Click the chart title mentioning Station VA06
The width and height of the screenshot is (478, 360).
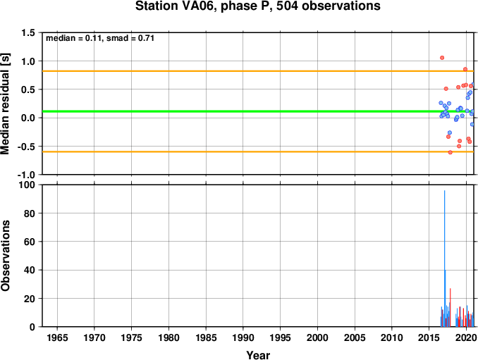tap(257, 6)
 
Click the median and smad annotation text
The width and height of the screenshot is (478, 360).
tap(100, 38)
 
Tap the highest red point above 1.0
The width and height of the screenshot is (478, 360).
tap(442, 58)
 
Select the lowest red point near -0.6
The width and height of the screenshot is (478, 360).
tap(451, 152)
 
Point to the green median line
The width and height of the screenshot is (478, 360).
tap(258, 111)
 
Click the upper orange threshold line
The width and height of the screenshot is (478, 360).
tap(258, 71)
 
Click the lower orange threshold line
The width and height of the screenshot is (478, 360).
tap(258, 151)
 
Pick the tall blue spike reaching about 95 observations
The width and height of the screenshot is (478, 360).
tap(444, 259)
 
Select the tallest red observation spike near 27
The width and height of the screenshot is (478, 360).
tap(451, 307)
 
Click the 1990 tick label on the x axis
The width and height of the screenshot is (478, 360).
tap(243, 337)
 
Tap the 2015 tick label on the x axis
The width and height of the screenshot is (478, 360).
tap(429, 337)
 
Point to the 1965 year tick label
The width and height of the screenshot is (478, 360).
tap(57, 337)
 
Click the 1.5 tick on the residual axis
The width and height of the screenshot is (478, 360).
tap(28, 32)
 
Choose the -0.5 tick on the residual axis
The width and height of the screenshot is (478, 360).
tap(26, 147)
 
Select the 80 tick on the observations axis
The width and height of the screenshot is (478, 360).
tap(30, 213)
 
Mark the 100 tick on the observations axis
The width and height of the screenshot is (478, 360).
tap(27, 185)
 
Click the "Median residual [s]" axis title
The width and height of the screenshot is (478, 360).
tap(5, 104)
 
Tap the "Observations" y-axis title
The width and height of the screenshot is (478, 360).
tap(5, 256)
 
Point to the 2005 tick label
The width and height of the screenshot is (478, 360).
tap(355, 337)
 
